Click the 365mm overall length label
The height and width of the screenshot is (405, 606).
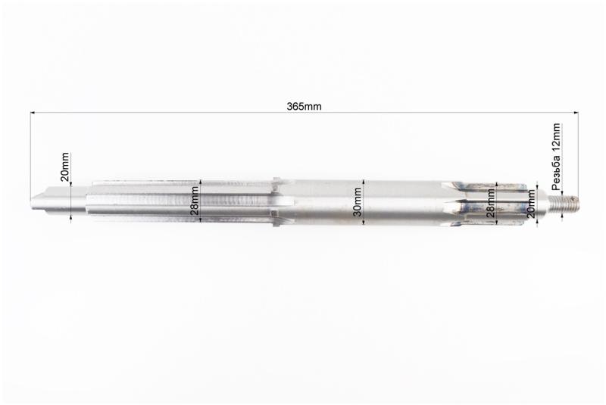(x=304, y=106)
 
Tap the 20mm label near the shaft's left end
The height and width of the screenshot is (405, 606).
(x=65, y=167)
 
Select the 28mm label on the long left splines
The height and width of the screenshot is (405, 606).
(x=195, y=201)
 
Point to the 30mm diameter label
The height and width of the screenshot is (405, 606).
(x=358, y=201)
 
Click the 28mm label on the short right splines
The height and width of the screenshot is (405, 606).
(x=490, y=203)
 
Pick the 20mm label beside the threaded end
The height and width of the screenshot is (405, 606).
(x=532, y=204)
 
